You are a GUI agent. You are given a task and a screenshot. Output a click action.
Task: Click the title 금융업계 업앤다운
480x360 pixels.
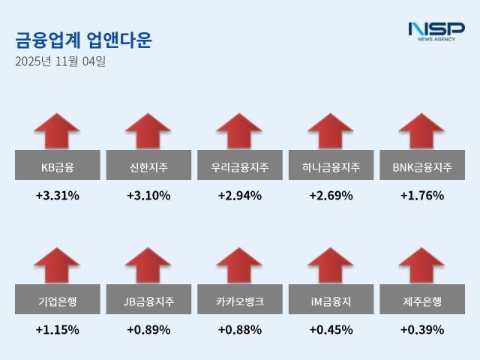pos(82,40)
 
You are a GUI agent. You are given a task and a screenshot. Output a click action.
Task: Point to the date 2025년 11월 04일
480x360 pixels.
pos(60,61)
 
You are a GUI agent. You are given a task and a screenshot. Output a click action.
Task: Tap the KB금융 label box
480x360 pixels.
pos(57,166)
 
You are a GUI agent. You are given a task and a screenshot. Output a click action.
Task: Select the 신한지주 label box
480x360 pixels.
pos(148,166)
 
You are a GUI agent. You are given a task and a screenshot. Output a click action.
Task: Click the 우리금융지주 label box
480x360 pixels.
pos(240,166)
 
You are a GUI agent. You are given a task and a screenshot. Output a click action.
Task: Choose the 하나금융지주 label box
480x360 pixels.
pos(331,166)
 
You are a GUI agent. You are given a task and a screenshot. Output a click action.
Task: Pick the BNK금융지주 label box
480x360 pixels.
pos(422,166)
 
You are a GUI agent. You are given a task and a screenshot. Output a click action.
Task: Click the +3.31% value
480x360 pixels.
pos(57,196)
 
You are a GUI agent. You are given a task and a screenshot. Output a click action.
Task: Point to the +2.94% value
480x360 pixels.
pos(240,196)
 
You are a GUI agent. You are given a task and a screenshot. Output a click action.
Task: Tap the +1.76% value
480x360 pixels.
pos(422,196)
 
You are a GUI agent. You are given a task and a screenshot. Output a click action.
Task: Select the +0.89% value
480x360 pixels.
pos(148,329)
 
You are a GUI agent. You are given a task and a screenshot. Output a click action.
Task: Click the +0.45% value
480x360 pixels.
pos(331,329)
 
